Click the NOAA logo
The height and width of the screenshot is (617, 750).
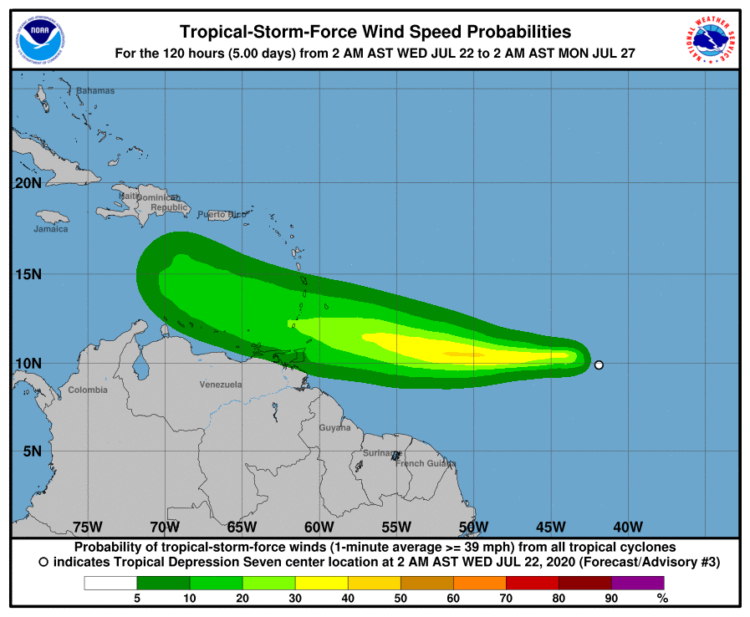[x=39, y=38]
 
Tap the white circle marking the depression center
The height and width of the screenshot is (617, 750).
[x=599, y=365]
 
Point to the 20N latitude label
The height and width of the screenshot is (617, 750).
[x=28, y=183]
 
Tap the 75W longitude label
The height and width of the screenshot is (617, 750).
[x=88, y=527]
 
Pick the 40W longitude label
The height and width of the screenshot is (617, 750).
[x=628, y=527]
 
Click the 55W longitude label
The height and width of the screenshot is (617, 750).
[x=396, y=527]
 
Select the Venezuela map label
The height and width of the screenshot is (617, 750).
[x=221, y=385]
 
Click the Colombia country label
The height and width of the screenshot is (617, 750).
[x=88, y=390]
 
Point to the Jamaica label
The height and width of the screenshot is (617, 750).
[x=51, y=229]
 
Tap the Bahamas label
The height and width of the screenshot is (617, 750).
[x=95, y=90]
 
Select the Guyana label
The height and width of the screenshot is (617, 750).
[x=334, y=428]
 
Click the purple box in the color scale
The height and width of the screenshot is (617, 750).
[x=638, y=583]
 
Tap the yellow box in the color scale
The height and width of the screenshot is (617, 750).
[x=322, y=583]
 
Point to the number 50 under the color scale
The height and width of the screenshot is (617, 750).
[x=401, y=598]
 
